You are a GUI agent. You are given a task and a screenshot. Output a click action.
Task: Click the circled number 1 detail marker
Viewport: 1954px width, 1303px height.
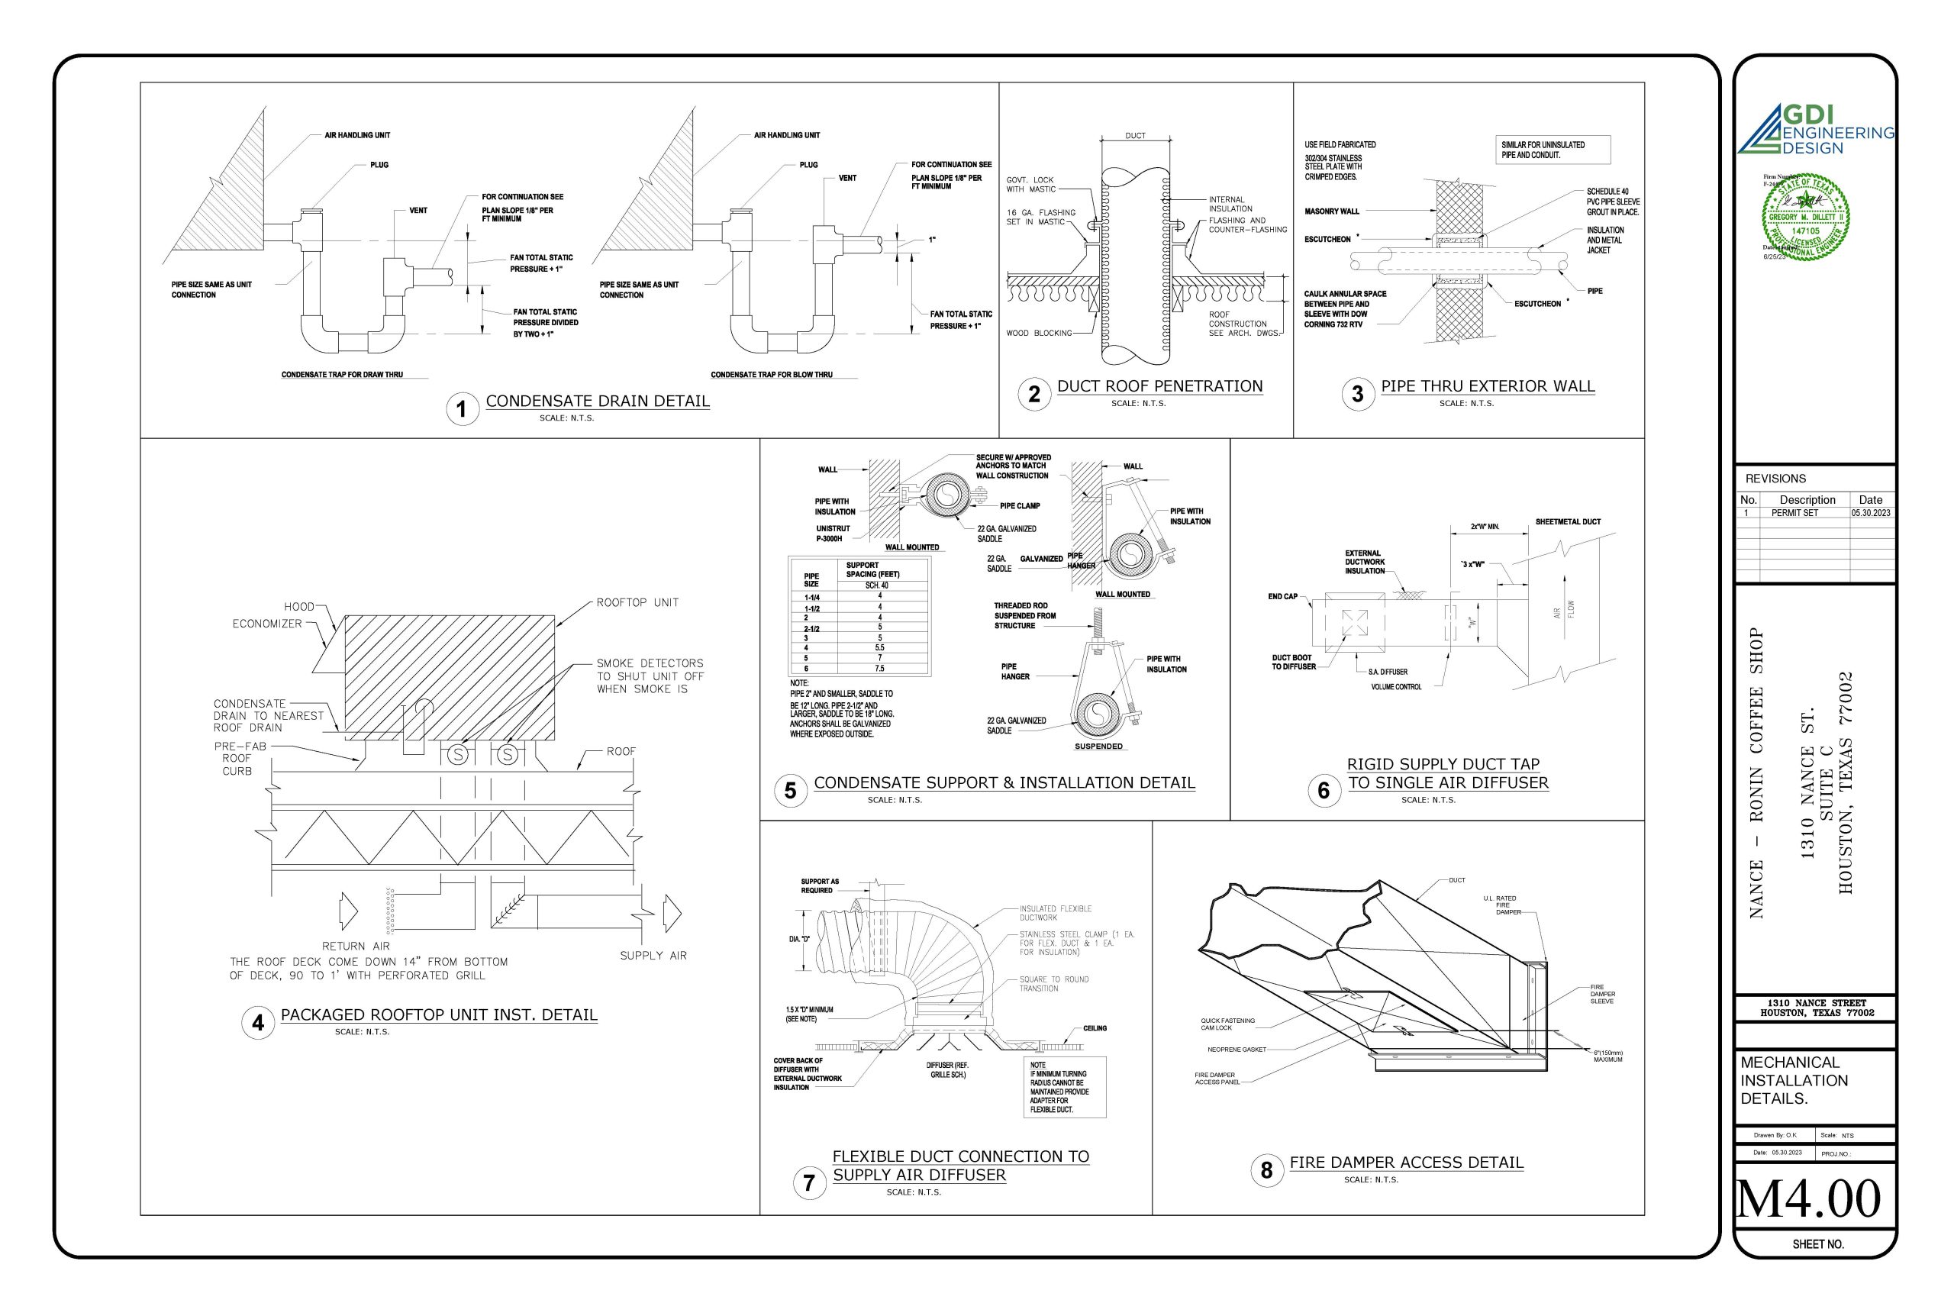(x=462, y=409)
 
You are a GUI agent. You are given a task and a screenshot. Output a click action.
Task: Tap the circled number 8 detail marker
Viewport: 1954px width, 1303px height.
(x=1266, y=1171)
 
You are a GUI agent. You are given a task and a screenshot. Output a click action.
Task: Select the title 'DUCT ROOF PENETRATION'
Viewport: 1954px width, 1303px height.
(x=1159, y=386)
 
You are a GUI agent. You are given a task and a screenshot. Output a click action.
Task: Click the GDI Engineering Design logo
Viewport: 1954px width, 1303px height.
(x=1815, y=131)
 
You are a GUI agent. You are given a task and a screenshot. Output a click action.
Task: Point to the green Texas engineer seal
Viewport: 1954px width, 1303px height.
(x=1805, y=218)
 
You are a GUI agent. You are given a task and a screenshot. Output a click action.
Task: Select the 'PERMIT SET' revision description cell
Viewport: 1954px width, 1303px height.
(x=1794, y=514)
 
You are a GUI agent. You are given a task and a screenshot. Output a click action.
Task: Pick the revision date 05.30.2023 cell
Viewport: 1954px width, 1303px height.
(x=1870, y=514)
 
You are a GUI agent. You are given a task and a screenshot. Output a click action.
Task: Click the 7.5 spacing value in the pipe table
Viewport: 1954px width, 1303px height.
(x=879, y=668)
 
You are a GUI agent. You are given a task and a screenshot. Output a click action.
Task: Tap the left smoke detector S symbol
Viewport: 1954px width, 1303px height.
(x=458, y=754)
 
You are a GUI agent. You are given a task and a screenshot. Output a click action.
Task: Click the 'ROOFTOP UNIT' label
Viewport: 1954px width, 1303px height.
(x=637, y=602)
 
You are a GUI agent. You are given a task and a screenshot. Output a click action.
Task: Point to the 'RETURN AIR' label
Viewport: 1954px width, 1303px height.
(x=356, y=946)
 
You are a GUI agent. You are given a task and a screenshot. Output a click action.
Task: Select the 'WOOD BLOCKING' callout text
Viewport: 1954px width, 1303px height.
(x=1039, y=334)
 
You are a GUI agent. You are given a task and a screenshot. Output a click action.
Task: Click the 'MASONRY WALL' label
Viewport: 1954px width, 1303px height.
(x=1332, y=212)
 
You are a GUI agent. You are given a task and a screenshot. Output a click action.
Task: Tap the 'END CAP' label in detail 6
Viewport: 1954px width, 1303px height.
(x=1282, y=597)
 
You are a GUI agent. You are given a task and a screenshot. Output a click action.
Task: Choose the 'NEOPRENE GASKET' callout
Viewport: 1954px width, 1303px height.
(x=1237, y=1050)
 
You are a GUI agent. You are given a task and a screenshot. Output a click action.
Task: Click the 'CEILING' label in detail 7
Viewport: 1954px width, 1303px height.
(x=1094, y=1028)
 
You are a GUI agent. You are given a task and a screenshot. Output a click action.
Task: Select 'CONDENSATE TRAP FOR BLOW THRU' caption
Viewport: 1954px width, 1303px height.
(x=771, y=375)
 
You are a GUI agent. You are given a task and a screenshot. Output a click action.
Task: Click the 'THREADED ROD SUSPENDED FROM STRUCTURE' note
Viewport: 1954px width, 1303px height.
(x=1024, y=616)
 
